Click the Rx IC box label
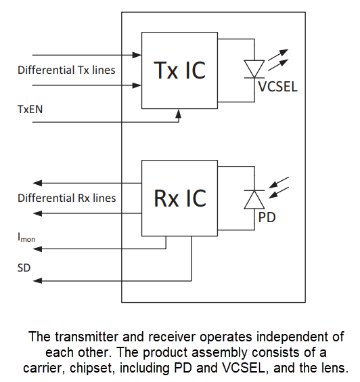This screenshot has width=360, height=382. (x=179, y=198)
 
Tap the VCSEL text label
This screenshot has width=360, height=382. (x=277, y=87)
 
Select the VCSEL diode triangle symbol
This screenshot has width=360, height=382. (x=254, y=68)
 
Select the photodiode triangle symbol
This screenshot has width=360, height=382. (x=254, y=199)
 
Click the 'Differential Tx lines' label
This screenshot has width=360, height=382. (x=66, y=70)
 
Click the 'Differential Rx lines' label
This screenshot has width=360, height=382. (x=66, y=198)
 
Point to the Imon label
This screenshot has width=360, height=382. (x=26, y=237)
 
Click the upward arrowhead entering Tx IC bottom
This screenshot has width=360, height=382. (x=178, y=114)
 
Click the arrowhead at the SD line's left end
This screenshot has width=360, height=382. (x=39, y=281)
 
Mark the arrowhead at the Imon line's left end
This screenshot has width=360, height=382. (x=39, y=249)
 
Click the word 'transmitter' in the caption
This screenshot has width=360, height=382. (x=78, y=337)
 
